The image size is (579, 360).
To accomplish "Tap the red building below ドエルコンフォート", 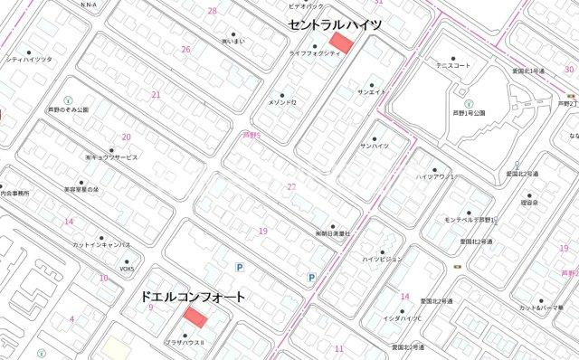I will tap(195, 317).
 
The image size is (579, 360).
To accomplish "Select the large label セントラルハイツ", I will tap(334, 25).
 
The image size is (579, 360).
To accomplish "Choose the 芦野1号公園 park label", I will tap(470, 113).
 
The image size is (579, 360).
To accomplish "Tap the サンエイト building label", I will tap(371, 92).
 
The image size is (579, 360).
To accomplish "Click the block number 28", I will tap(212, 11).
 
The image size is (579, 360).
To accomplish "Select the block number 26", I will tap(185, 49).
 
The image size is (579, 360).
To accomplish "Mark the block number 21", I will tap(156, 94).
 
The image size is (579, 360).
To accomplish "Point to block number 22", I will tap(290, 187).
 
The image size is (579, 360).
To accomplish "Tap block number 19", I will tap(262, 231).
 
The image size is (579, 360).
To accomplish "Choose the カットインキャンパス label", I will tap(102, 245).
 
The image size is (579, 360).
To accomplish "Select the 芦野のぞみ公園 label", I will tap(68, 109).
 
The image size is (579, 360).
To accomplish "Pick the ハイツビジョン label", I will tap(381, 259).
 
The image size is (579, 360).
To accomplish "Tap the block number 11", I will tap(338, 347).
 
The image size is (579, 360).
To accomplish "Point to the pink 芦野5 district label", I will tap(251, 135).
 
